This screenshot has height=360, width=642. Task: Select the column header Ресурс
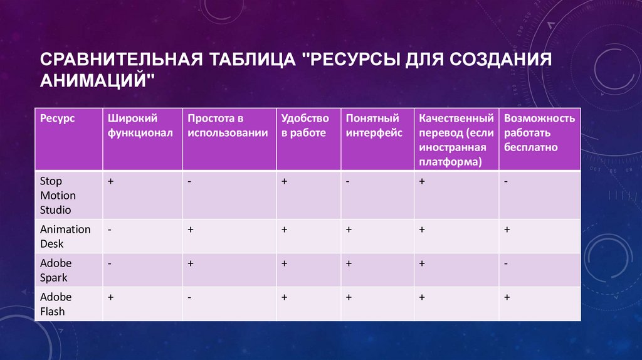[57, 118]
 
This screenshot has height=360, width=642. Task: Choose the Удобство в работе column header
[305, 125]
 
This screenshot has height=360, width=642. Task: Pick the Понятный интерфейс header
[374, 125]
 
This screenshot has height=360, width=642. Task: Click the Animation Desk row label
[65, 236]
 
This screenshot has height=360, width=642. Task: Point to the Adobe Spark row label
[56, 270]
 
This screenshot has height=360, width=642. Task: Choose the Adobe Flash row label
[56, 304]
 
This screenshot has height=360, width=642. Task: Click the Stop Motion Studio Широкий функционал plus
[110, 181]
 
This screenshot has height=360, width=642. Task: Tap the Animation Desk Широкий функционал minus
[110, 230]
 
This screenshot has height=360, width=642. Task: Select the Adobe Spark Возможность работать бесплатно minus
[505, 264]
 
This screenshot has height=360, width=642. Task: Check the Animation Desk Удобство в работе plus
[284, 230]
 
